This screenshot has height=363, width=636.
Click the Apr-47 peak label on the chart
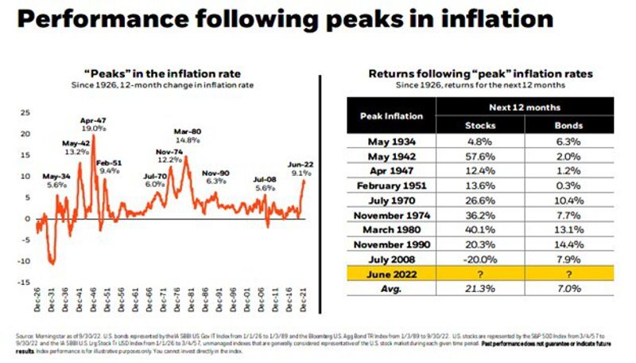93,123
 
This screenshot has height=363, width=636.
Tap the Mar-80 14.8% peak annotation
188,135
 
